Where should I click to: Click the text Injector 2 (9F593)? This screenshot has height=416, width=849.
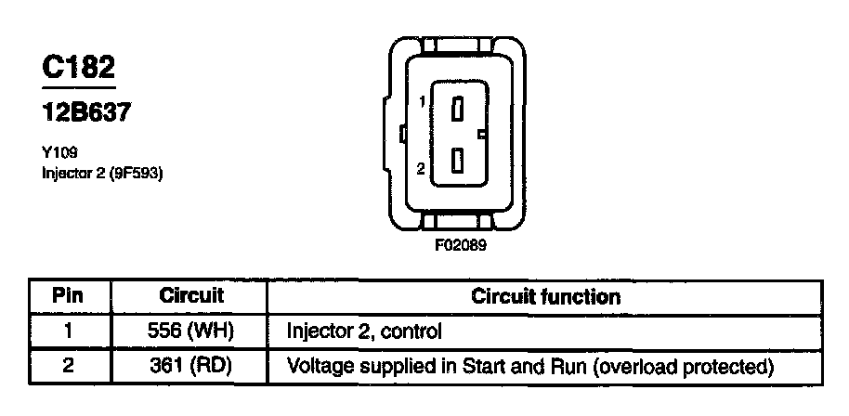click(x=102, y=173)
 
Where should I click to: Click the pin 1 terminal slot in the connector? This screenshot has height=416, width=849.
click(x=457, y=109)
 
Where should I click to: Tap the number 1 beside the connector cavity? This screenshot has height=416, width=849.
click(x=422, y=102)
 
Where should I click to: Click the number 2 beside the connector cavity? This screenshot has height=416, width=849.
click(x=421, y=169)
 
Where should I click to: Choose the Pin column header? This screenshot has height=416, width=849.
click(x=67, y=297)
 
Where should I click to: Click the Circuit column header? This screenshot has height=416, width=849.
click(x=192, y=297)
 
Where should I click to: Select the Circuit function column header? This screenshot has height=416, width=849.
click(x=545, y=297)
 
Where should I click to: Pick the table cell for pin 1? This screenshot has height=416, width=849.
click(x=67, y=331)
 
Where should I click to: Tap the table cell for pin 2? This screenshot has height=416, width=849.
click(x=67, y=366)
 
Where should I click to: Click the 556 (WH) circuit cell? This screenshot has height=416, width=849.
click(x=192, y=331)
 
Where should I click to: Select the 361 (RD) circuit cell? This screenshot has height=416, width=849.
click(x=192, y=366)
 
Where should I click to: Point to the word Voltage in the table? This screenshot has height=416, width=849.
click(x=319, y=366)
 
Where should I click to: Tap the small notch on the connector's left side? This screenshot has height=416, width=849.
click(x=401, y=135)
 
